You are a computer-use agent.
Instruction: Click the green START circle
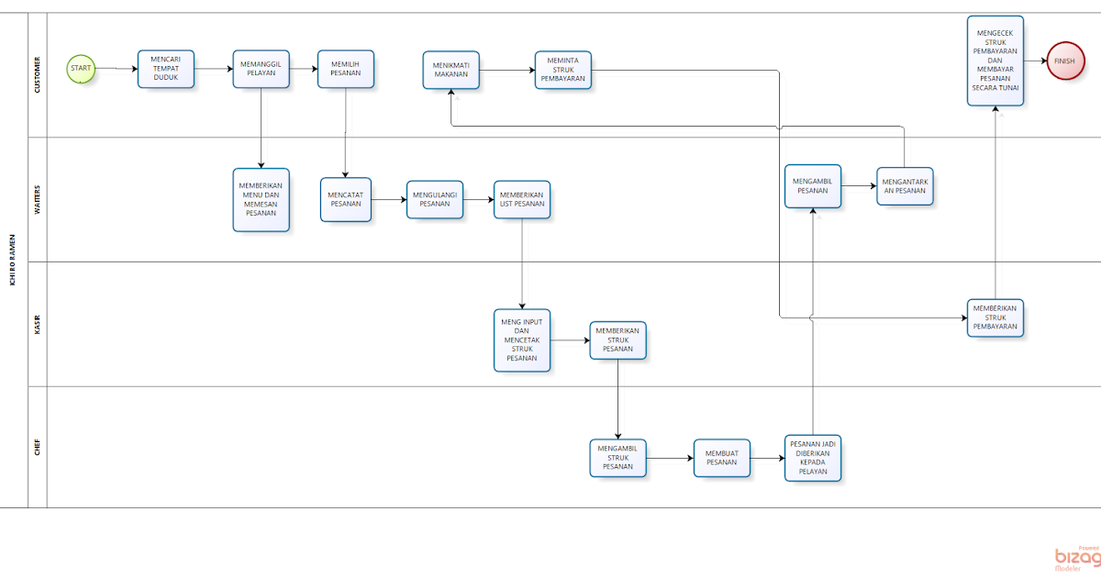pos(81,68)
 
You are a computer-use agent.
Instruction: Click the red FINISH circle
pos(1063,61)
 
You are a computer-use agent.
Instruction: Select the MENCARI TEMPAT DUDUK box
pos(166,69)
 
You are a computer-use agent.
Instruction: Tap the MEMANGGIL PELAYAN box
pos(261,69)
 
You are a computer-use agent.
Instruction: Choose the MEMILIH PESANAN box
pos(346,69)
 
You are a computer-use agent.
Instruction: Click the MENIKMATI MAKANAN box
pos(451,70)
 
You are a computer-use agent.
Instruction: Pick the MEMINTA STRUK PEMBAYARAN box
pos(563,70)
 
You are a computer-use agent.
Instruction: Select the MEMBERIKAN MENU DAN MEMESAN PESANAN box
pos(261,199)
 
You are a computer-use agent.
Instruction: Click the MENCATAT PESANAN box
pos(346,199)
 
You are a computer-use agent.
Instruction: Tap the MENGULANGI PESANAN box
pos(435,199)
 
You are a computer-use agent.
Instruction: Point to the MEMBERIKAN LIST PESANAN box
pos(522,199)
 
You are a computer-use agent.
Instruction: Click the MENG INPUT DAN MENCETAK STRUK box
pos(522,339)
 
